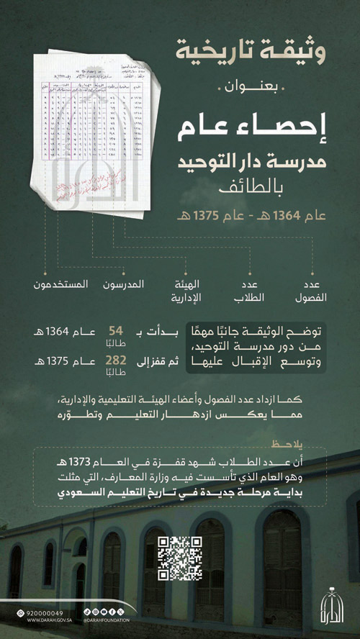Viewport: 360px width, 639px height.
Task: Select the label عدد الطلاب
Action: click(x=252, y=290)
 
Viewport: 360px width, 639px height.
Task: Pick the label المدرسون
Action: click(x=143, y=284)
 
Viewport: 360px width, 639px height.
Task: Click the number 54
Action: click(x=116, y=331)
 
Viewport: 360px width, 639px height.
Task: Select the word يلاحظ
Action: click(x=293, y=443)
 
